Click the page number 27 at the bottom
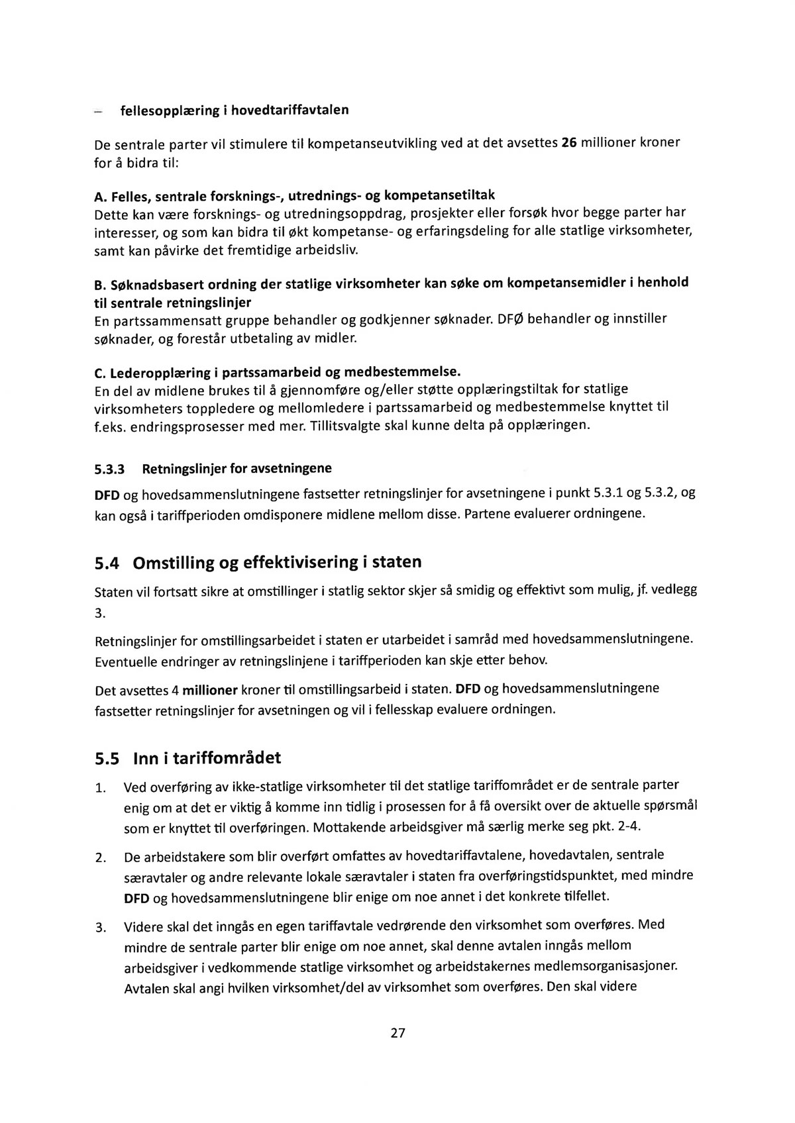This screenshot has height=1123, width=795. point(397,1032)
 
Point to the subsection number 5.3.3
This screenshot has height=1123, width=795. point(109,469)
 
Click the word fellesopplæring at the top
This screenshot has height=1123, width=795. point(164,110)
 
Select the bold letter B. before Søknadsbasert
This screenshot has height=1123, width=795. point(101,285)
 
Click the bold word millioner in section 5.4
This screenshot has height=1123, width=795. point(209,691)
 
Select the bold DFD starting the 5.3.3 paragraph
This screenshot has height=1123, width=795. point(107,494)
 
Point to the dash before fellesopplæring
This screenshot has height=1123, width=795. point(98,112)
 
